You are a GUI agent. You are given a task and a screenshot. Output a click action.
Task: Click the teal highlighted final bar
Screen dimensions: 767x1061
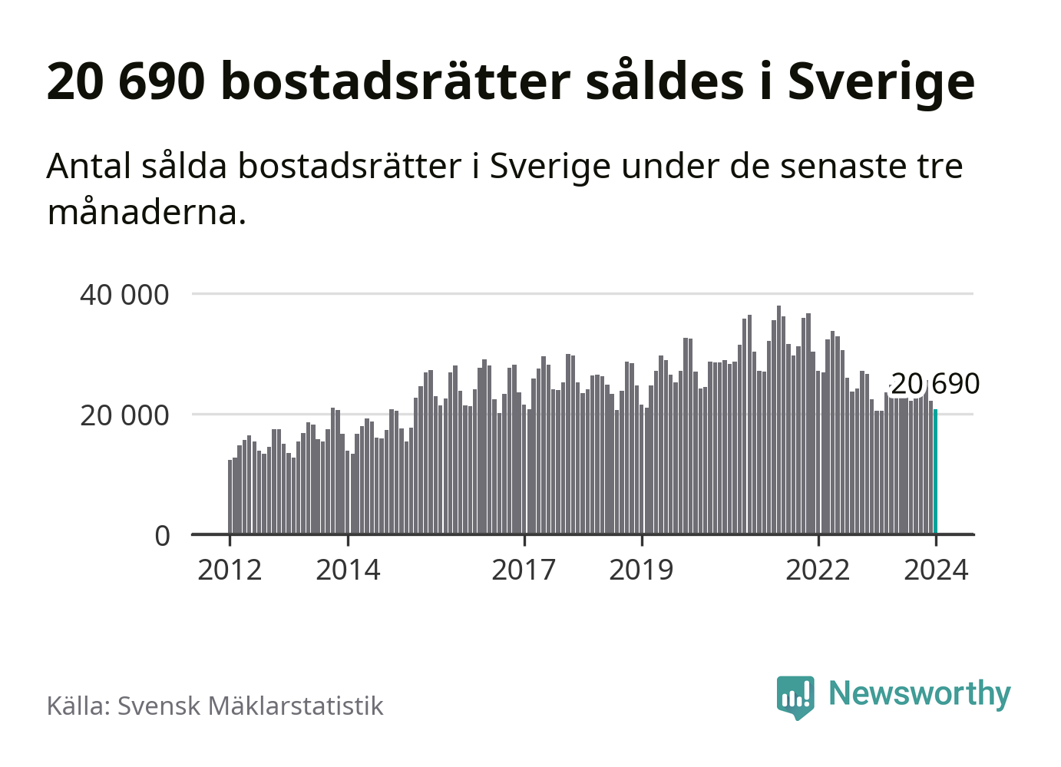pyautogui.click(x=935, y=471)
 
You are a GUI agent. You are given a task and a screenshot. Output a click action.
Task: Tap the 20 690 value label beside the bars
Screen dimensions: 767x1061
pyautogui.click(x=934, y=384)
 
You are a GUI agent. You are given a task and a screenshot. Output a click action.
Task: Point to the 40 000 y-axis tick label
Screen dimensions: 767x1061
pyautogui.click(x=124, y=295)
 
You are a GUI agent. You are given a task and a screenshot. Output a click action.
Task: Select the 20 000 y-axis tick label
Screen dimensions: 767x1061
pyautogui.click(x=124, y=415)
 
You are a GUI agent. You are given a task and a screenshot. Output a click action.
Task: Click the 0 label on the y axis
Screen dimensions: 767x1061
pyautogui.click(x=162, y=536)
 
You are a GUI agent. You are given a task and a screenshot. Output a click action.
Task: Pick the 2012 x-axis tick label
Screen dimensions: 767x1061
pyautogui.click(x=230, y=570)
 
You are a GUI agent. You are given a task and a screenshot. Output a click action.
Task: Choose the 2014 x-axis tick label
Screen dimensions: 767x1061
pyautogui.click(x=348, y=570)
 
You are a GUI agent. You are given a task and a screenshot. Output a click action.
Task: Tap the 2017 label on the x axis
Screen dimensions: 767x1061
pyautogui.click(x=524, y=570)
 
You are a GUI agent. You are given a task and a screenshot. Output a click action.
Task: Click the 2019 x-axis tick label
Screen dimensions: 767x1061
pyautogui.click(x=641, y=570)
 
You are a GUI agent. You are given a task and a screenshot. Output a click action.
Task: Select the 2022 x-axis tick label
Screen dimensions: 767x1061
pyautogui.click(x=818, y=570)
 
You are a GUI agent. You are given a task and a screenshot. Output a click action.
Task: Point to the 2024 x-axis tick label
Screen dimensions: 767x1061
pyautogui.click(x=936, y=570)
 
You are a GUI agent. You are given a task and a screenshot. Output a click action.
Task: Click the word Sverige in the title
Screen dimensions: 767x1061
pyautogui.click(x=881, y=81)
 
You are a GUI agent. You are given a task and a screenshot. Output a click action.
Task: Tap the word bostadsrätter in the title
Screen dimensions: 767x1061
pyautogui.click(x=395, y=81)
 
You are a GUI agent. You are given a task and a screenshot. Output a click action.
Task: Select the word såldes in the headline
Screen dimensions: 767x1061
pyautogui.click(x=665, y=81)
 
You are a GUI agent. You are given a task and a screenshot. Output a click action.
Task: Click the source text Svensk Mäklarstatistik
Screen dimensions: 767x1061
pyautogui.click(x=250, y=706)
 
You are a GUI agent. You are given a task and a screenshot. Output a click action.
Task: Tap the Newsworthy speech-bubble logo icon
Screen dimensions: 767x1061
pyautogui.click(x=795, y=696)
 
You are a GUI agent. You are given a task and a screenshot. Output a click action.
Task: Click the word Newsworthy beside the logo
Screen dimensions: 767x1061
pyautogui.click(x=919, y=693)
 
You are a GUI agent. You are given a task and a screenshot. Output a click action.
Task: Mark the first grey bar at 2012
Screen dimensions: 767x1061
pyautogui.click(x=230, y=497)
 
